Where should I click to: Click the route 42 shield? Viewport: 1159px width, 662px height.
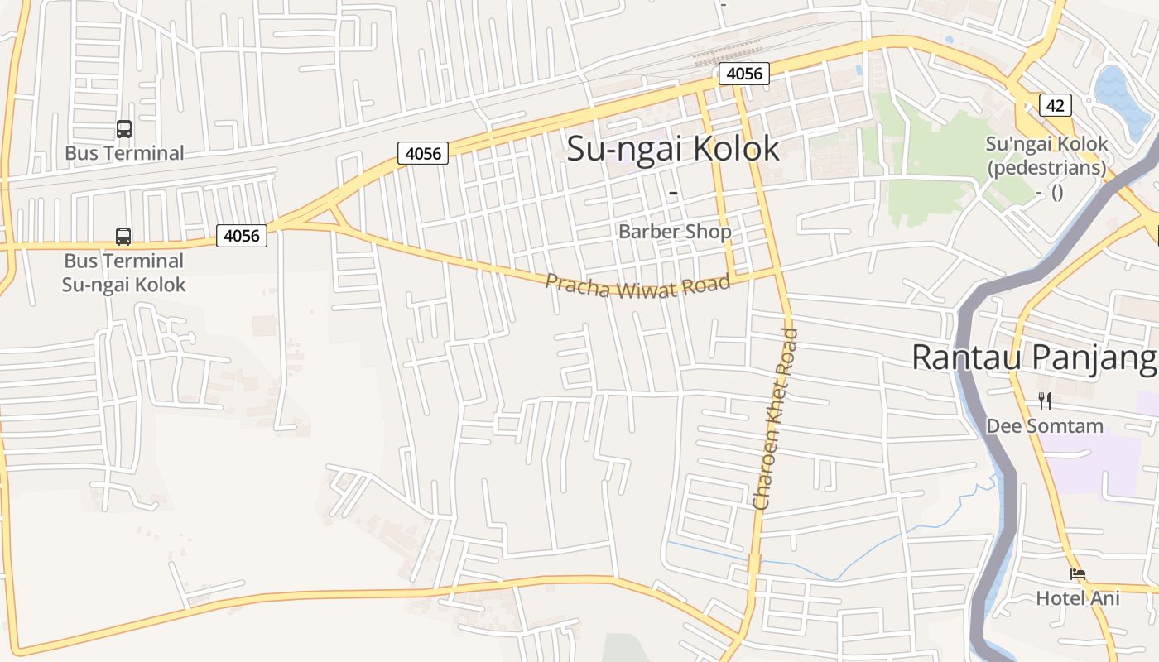pos(1055,105)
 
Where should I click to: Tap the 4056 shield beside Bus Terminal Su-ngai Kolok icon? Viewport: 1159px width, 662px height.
pos(242,236)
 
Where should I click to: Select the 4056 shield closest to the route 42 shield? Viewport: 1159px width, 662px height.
pos(743,74)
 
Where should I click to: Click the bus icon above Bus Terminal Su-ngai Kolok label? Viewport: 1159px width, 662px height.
pos(123,237)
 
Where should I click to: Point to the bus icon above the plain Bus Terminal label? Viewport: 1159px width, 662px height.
pos(124,129)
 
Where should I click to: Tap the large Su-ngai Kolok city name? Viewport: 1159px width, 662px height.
pos(672,148)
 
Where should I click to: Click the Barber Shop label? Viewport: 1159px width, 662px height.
pos(675,232)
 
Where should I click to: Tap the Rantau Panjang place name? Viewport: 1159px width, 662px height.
pos(1033,357)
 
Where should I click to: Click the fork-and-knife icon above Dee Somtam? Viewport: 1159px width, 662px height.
pos(1045,401)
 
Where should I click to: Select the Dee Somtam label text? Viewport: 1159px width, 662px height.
pos(1045,426)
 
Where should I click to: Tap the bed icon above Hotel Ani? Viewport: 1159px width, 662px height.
pos(1077,573)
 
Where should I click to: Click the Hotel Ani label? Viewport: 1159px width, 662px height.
pos(1077,597)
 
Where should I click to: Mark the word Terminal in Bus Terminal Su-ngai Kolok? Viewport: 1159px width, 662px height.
pos(143,261)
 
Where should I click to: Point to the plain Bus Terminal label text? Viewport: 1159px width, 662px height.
pos(124,153)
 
